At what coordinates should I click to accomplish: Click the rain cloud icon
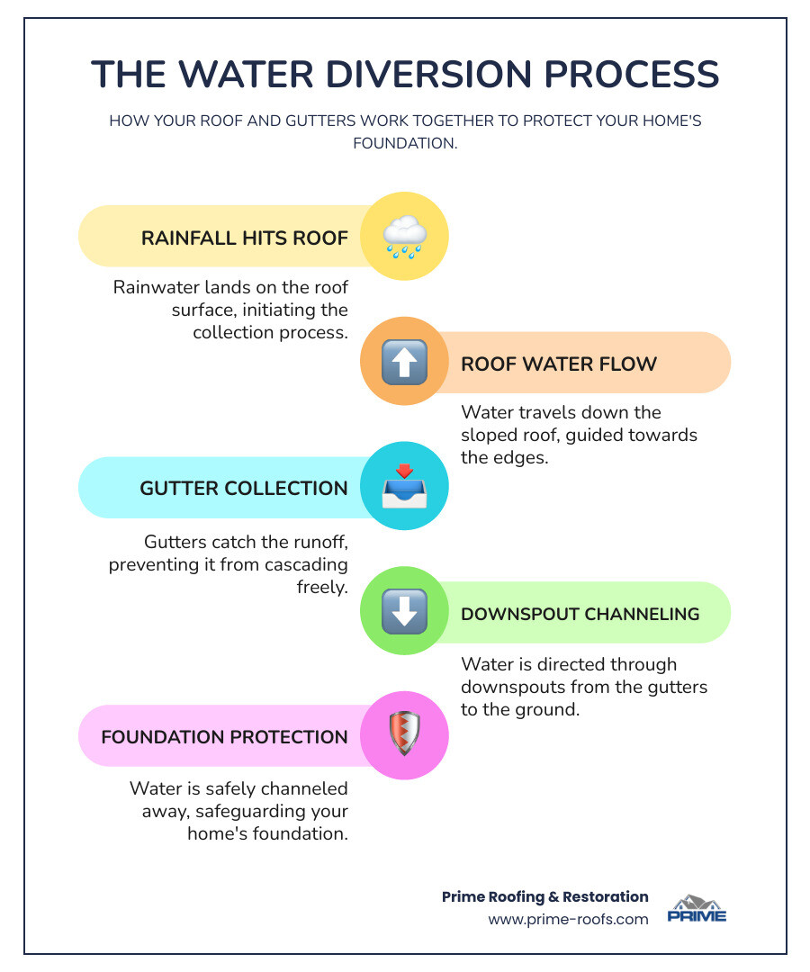[x=404, y=237]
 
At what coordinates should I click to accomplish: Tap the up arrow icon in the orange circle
[x=404, y=363]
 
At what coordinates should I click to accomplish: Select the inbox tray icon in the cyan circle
[x=404, y=487]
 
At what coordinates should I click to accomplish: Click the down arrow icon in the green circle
[x=404, y=613]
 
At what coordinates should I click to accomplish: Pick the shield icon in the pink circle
[x=404, y=735]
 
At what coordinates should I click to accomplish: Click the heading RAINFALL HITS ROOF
[x=244, y=238]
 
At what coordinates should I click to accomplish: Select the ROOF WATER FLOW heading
[x=559, y=364]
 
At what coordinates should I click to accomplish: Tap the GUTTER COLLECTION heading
[x=243, y=489]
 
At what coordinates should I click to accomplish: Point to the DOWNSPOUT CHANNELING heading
[x=580, y=614]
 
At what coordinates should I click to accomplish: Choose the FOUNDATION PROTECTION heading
[x=224, y=737]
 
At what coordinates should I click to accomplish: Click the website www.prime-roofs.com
[x=568, y=920]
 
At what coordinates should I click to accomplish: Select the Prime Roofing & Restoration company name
[x=544, y=896]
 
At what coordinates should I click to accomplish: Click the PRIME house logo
[x=697, y=908]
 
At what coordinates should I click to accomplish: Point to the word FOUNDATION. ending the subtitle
[x=405, y=142]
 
